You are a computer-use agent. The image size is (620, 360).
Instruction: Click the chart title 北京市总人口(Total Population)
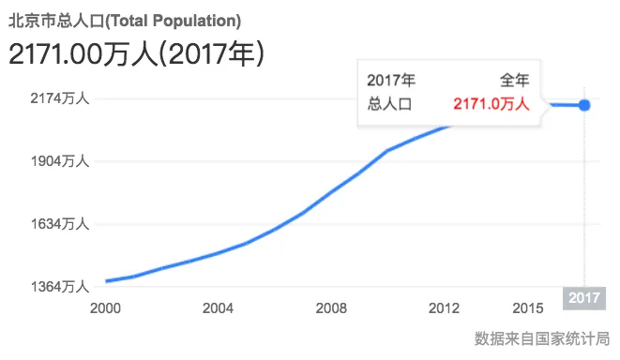(x=124, y=19)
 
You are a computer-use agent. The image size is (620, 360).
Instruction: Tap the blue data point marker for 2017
(x=584, y=104)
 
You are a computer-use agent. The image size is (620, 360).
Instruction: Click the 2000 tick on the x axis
(x=105, y=307)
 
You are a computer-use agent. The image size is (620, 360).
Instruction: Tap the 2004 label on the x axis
(x=218, y=307)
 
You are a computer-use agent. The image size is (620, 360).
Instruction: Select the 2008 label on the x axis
(x=330, y=307)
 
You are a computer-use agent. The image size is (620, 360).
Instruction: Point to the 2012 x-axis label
(x=443, y=307)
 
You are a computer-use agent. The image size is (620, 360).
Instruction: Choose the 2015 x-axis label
(x=528, y=307)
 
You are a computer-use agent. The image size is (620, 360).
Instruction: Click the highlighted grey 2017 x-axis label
(x=583, y=299)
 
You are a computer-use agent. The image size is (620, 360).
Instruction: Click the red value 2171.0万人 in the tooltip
(x=491, y=104)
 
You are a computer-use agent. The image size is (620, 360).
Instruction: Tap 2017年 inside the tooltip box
(x=391, y=81)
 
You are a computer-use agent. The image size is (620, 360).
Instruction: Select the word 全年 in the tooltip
(x=514, y=81)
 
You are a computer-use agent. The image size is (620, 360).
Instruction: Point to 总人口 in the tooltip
(x=389, y=104)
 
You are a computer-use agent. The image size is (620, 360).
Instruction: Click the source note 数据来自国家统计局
(x=542, y=337)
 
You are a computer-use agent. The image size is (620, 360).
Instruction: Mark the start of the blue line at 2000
(x=106, y=280)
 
